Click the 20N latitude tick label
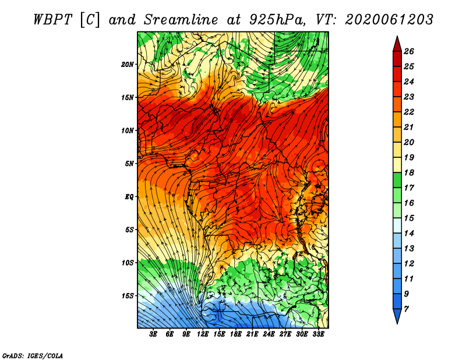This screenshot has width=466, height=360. [128, 64]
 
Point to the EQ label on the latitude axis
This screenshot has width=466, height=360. [129, 196]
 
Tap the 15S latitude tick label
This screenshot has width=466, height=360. [128, 296]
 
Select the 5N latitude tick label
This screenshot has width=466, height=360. [129, 164]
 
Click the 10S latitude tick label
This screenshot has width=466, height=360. [128, 263]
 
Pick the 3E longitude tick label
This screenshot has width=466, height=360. [153, 334]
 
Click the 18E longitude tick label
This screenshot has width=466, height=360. [236, 334]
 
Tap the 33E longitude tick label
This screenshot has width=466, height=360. [318, 334]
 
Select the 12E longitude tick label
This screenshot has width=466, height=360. [203, 334]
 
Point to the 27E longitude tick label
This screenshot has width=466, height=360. [285, 334]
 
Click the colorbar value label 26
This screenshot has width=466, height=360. [409, 51]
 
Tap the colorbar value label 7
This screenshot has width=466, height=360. [406, 309]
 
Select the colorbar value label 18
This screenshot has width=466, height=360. [409, 172]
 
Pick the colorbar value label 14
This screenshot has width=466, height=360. [409, 234]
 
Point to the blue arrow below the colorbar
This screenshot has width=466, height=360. [397, 315]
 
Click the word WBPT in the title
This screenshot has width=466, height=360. [53, 20]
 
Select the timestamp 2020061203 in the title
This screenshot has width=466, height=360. [389, 20]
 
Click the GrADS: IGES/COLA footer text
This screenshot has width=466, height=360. [33, 356]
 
